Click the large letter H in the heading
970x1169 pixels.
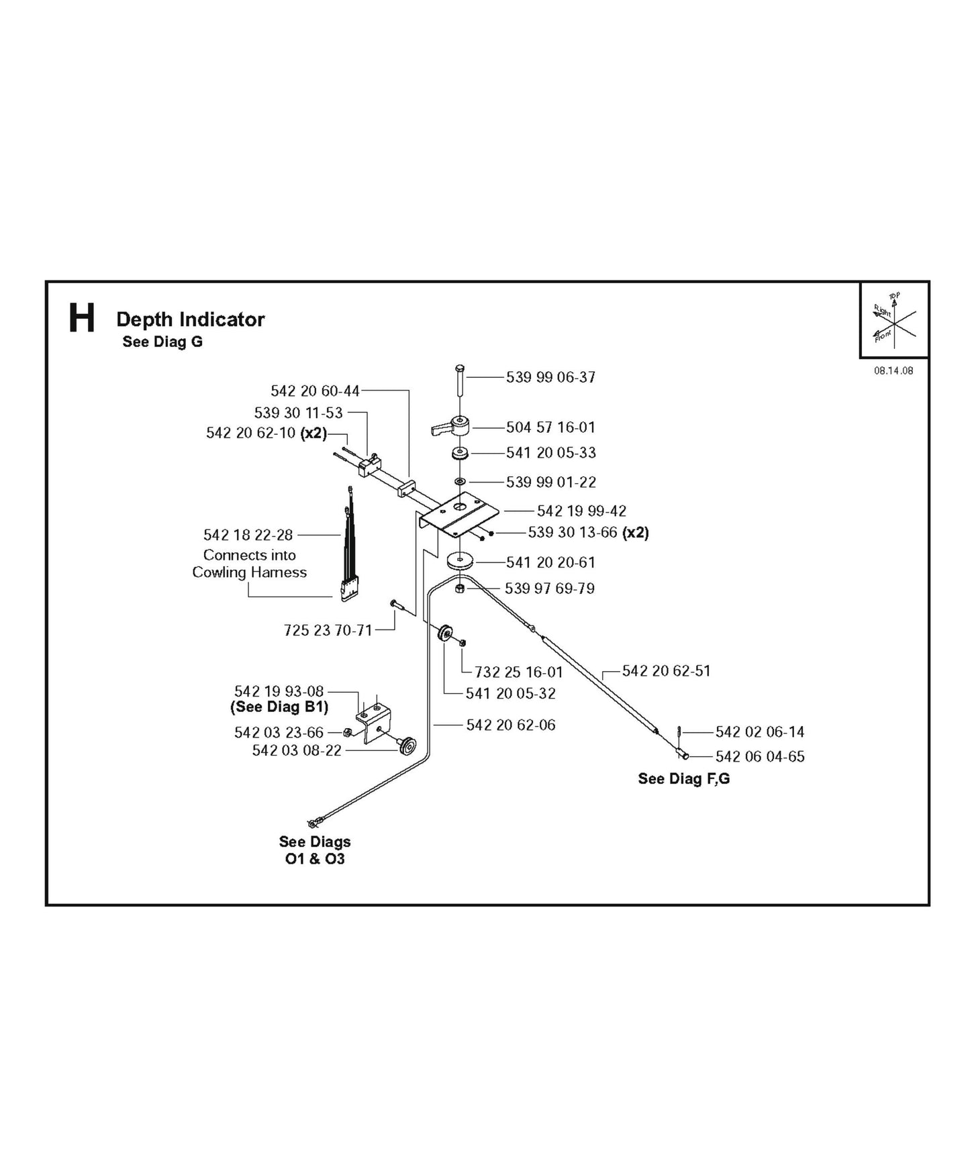pos(82,319)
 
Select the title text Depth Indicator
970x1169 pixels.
pos(190,319)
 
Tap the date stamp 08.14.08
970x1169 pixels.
pos(893,370)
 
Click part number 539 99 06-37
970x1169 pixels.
pos(550,377)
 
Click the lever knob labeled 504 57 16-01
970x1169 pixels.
pos(452,427)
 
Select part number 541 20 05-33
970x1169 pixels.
pos(550,453)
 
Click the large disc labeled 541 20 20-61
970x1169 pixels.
pos(460,560)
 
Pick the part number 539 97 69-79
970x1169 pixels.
pos(549,589)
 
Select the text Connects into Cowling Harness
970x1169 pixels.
pos(250,564)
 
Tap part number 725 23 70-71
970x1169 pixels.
pos(328,630)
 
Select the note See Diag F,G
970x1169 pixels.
pos(683,778)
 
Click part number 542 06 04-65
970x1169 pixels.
pos(759,756)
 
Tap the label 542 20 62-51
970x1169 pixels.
pos(666,671)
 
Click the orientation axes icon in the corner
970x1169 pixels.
pos(893,320)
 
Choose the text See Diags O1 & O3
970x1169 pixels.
pos(315,850)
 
